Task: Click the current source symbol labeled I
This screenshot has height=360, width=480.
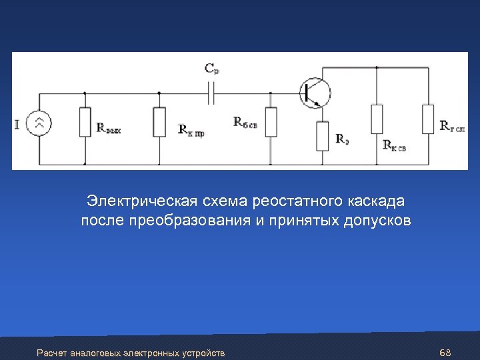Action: click(39, 123)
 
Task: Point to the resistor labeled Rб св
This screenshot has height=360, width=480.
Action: click(270, 121)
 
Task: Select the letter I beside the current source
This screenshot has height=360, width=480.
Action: click(17, 123)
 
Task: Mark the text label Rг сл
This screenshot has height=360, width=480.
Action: click(453, 125)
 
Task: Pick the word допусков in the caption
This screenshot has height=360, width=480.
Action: click(377, 221)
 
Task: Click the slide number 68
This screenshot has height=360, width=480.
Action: click(446, 351)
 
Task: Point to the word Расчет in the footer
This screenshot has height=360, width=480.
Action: click(52, 352)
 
